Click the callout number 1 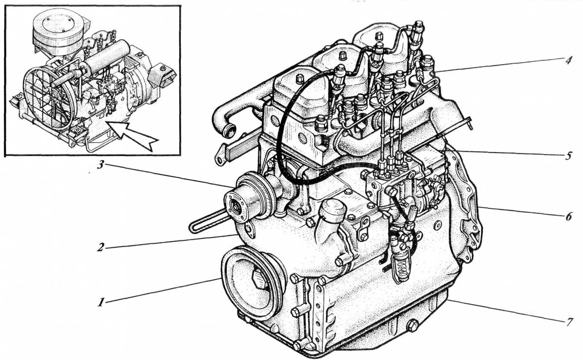coord(100,302)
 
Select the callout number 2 coord(101,247)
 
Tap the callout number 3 coord(101,165)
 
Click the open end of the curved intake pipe coord(226,130)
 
